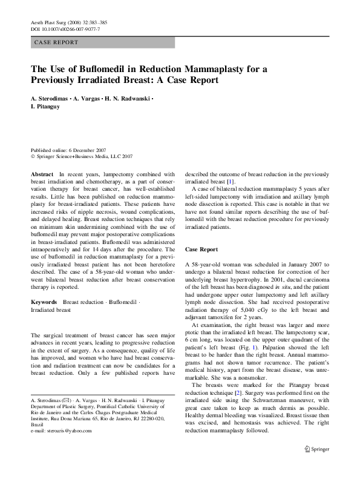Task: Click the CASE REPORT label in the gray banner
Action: [56, 42]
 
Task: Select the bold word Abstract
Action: [42, 173]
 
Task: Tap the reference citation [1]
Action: [231, 181]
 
